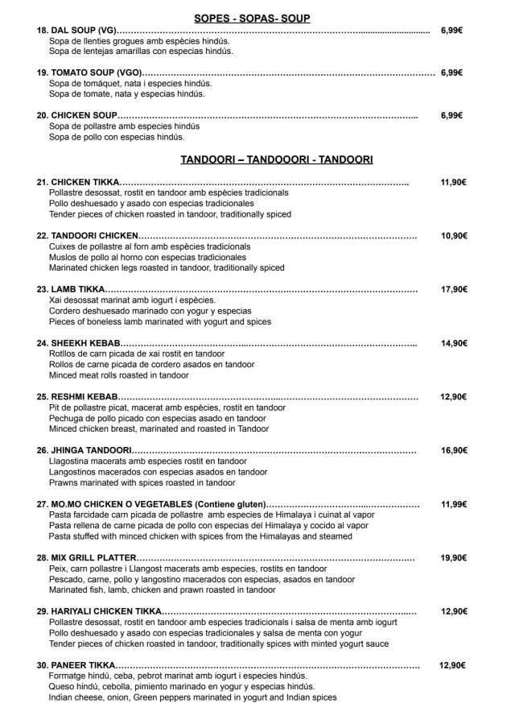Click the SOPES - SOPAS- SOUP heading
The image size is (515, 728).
pos(253,18)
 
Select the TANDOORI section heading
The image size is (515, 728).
pos(276,159)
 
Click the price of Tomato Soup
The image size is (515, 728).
pos(451,72)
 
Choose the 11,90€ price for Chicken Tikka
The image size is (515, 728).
pos(454,183)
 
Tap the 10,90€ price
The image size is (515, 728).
pos(454,236)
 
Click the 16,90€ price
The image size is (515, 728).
pos(454,450)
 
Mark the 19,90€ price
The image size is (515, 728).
pos(454,557)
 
